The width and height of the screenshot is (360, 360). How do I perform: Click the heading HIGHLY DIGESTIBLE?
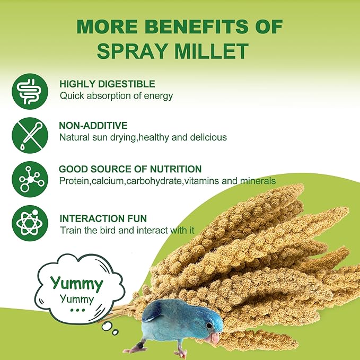coord(107,84)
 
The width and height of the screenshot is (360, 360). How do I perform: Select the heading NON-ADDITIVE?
coord(93,126)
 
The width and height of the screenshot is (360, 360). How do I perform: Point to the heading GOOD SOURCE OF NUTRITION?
coord(130,169)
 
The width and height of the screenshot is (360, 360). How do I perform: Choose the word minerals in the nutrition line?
coord(257,180)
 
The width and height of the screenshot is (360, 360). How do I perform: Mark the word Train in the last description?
coord(70,230)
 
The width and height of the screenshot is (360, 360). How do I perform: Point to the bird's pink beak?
coord(214,338)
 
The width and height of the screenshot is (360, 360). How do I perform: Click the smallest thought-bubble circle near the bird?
coord(115,332)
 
